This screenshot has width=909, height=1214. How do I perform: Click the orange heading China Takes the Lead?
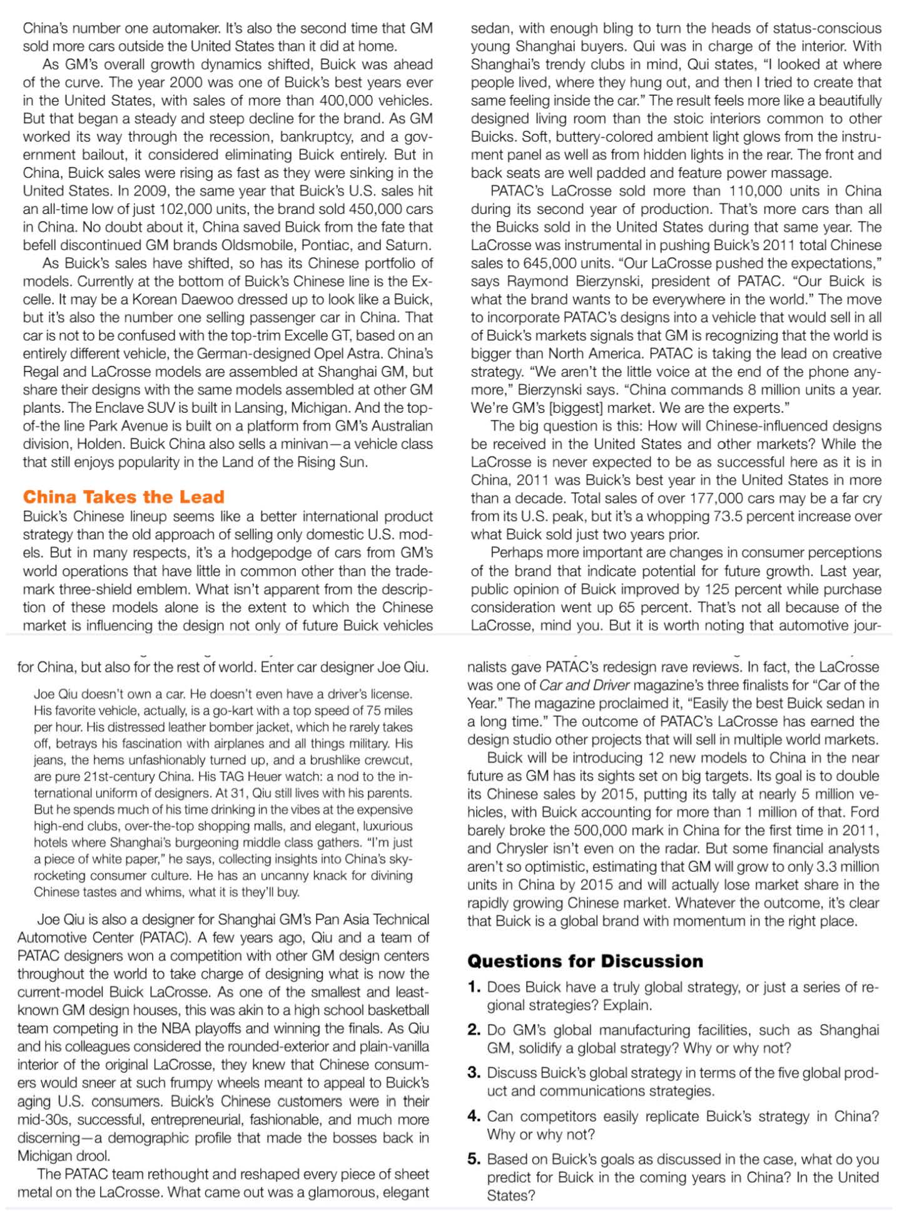pyautogui.click(x=123, y=497)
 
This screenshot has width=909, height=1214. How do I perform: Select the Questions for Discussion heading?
pyautogui.click(x=585, y=961)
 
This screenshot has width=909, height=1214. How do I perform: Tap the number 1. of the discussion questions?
pyautogui.click(x=474, y=988)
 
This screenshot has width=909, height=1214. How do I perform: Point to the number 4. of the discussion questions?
pyautogui.click(x=474, y=1116)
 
